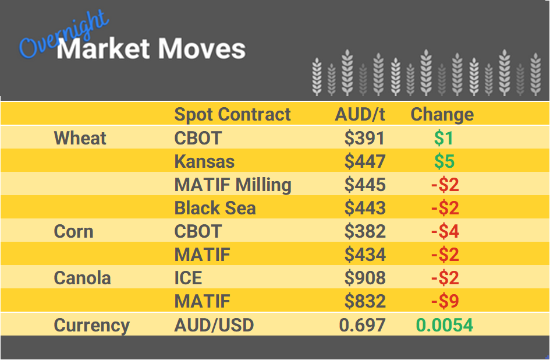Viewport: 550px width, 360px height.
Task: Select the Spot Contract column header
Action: (232, 114)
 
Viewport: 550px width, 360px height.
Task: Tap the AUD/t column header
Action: (360, 114)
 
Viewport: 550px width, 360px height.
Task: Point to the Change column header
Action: (442, 114)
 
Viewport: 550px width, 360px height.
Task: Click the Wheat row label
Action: (80, 138)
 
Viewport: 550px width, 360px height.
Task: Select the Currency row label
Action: (91, 324)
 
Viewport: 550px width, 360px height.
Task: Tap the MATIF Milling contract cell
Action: (233, 185)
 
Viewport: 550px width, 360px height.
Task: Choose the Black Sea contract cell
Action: (215, 208)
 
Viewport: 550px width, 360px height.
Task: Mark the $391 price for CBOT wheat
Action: (364, 138)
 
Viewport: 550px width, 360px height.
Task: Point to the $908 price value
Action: (364, 278)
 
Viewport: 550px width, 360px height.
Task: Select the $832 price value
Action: (364, 301)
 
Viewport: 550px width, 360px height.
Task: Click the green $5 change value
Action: (444, 161)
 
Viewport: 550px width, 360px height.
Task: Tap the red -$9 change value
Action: (445, 301)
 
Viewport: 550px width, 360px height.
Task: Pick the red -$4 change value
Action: (445, 231)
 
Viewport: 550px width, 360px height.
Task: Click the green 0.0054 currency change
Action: (444, 324)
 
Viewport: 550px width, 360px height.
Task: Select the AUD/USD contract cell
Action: (214, 324)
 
